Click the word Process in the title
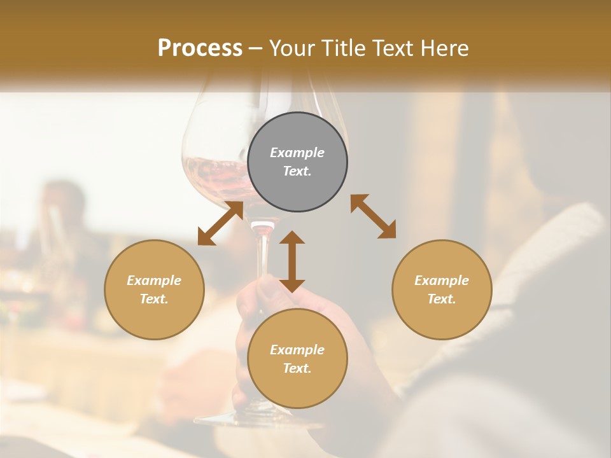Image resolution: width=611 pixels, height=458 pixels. [x=200, y=48]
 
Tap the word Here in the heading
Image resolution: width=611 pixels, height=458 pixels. [x=445, y=48]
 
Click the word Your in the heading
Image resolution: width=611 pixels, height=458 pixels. [x=291, y=48]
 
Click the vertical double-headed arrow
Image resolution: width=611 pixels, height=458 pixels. [x=292, y=261]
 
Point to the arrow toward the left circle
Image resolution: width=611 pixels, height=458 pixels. [x=220, y=223]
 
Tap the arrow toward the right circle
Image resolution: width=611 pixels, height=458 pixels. [x=373, y=216]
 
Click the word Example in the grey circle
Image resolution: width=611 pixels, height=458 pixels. [x=297, y=153]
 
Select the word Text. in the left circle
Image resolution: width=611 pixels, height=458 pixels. [x=154, y=299]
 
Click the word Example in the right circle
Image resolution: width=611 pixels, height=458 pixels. [x=442, y=281]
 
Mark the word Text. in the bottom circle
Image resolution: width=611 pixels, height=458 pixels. [x=297, y=368]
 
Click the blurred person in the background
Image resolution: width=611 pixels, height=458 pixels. [x=64, y=210]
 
